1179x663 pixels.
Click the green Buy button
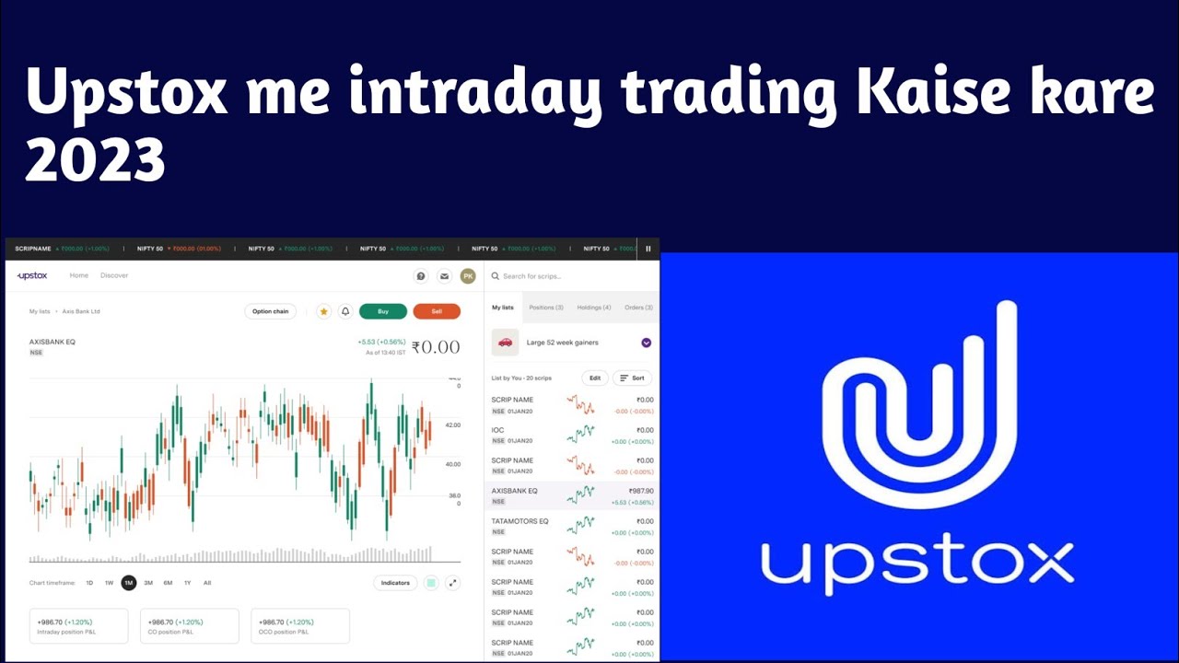383,311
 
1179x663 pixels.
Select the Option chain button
271,311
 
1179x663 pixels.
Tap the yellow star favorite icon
324,311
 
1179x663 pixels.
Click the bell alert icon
345,311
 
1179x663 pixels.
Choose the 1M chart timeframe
129,583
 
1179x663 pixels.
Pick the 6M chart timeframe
168,583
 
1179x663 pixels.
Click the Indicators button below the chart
395,583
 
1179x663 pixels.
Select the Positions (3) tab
546,308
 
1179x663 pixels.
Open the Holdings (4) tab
594,308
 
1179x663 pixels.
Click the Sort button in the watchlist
632,378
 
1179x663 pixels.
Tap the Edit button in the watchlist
595,378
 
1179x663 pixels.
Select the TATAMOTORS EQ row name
519,521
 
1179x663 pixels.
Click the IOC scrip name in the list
498,430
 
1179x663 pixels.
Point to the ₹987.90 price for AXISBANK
641,491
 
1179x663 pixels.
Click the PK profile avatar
468,276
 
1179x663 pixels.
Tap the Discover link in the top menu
114,275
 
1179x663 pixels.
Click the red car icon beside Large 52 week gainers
505,343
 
